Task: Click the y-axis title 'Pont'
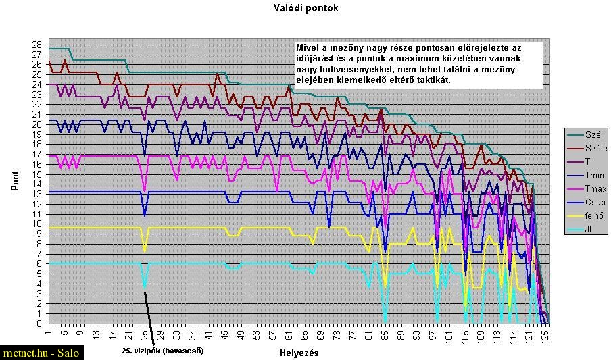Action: pyautogui.click(x=15, y=182)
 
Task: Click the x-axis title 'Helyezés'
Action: pyautogui.click(x=299, y=353)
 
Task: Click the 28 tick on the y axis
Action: pyautogui.click(x=36, y=45)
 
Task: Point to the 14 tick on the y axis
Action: pyautogui.click(x=36, y=184)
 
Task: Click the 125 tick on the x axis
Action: pyautogui.click(x=548, y=334)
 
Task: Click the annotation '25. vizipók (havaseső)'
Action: pyautogui.click(x=162, y=351)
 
